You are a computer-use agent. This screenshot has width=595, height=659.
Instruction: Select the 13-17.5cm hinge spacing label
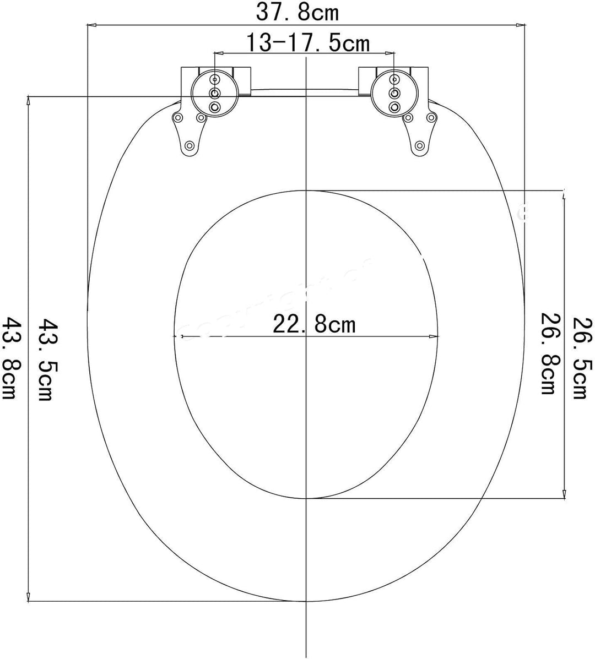point(307,42)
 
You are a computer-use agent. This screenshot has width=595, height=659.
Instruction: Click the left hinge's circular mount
point(215,92)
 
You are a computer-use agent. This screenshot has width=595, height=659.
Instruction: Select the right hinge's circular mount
point(394,92)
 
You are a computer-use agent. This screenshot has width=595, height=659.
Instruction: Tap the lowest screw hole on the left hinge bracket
point(190,145)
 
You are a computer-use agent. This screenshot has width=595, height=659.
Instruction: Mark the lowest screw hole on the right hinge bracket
point(419,145)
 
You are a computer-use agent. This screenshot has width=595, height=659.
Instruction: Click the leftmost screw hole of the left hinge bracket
point(178,118)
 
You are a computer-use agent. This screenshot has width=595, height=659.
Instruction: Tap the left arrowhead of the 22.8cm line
point(180,336)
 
